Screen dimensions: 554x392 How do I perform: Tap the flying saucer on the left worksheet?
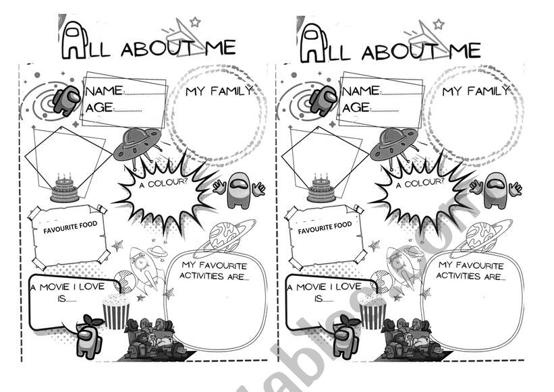pyautogui.click(x=138, y=144)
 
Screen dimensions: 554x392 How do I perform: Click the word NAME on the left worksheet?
pyautogui.click(x=105, y=91)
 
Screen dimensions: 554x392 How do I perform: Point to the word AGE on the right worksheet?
pyautogui.click(x=356, y=107)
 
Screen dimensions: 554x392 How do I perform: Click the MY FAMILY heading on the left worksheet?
pyautogui.click(x=219, y=91)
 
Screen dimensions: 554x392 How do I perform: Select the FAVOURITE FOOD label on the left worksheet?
pyautogui.click(x=70, y=228)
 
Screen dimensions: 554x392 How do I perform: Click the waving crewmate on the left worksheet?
pyautogui.click(x=239, y=190)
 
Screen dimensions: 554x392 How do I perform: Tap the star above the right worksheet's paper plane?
pyautogui.click(x=439, y=24)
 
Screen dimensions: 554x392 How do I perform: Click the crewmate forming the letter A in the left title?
pyautogui.click(x=74, y=40)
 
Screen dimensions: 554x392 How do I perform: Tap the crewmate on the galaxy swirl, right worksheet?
pyautogui.click(x=323, y=101)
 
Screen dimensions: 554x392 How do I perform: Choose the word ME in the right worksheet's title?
pyautogui.click(x=465, y=51)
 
